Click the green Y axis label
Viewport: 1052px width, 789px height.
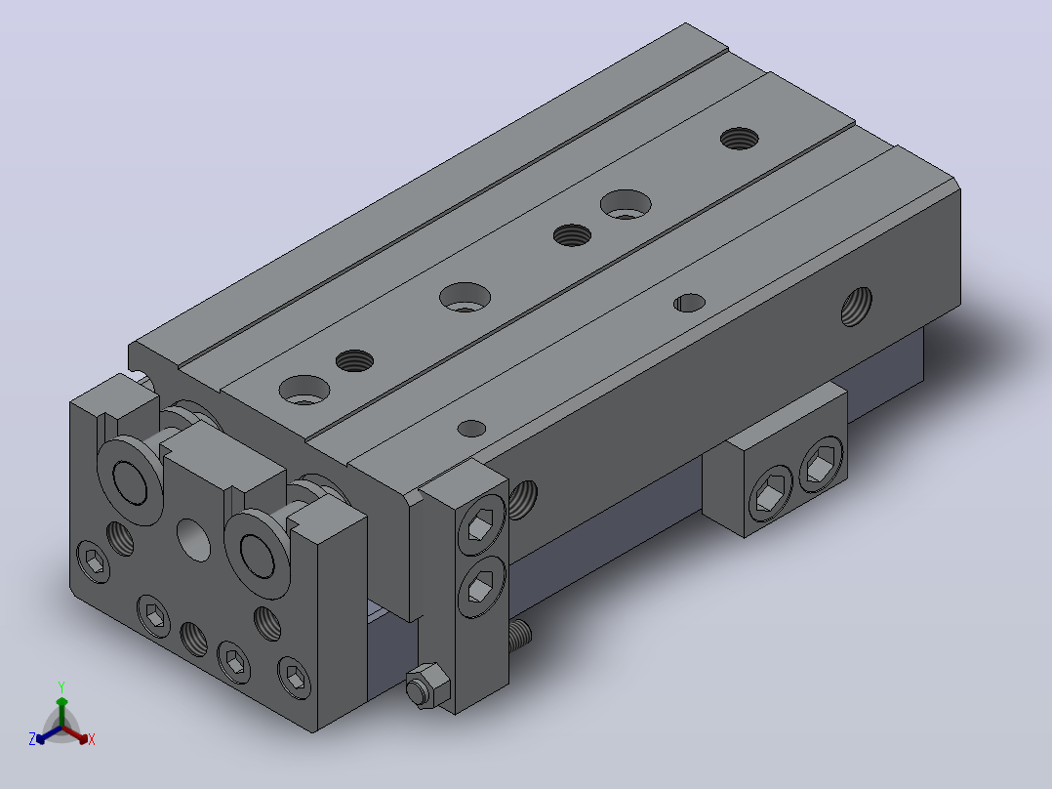coord(61,686)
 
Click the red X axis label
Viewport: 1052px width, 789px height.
coord(92,739)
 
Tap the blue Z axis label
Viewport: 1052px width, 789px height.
coord(32,739)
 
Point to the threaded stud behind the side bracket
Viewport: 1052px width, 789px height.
coord(520,635)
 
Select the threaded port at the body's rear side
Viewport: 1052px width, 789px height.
coord(857,307)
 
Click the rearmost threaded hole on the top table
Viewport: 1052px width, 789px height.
coord(740,139)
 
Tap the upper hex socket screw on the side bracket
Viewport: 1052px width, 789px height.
coord(482,524)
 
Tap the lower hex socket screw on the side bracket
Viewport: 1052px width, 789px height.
coord(481,587)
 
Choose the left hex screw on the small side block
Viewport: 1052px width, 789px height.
coord(770,493)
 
